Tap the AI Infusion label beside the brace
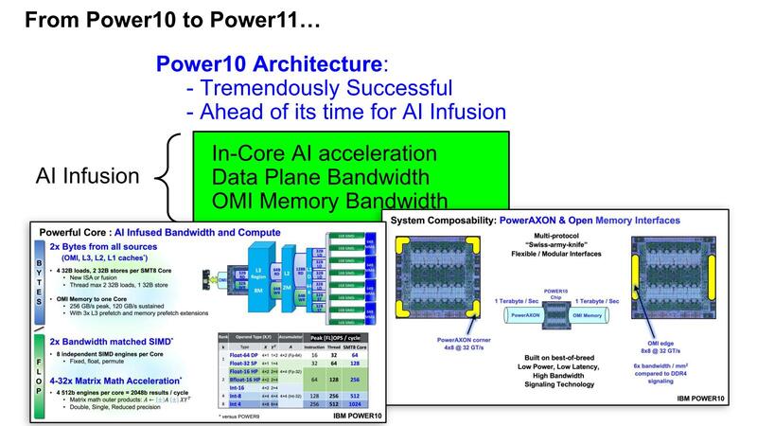tap(88, 176)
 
